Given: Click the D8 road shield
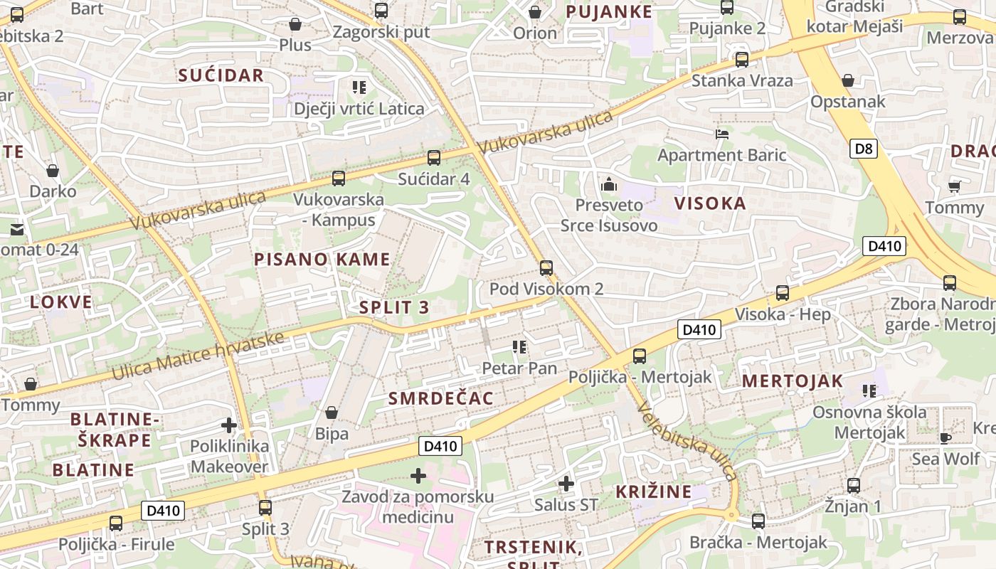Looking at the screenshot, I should pos(864,149).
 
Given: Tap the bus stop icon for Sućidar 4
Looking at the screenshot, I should pos(434,158).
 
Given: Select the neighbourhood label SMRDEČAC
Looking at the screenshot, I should pos(441,398).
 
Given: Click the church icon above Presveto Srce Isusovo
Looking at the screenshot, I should pos(609,185).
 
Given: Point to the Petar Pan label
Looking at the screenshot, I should pos(519,368).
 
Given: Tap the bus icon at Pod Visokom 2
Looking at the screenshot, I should pos(546,268).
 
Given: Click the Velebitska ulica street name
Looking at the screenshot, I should pos(686,442).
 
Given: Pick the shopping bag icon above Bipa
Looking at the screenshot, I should pos(332,413).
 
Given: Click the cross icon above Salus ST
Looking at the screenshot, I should pos(566,484).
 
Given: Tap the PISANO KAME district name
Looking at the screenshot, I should pos(322,260).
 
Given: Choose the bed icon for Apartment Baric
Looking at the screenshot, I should pos(722,134).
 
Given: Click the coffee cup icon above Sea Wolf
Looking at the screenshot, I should pos(945,437).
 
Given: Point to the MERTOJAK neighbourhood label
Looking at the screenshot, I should pos(793,381).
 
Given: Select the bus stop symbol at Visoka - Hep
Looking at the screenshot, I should pos(783,293).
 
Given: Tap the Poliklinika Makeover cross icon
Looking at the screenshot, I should pos(229,426).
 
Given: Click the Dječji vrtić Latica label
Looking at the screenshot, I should pos(359,109).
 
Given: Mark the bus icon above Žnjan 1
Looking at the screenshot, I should pos(854,486).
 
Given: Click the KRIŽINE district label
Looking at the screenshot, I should pos(654,491).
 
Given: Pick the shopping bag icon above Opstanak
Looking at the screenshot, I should pos(848,80).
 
